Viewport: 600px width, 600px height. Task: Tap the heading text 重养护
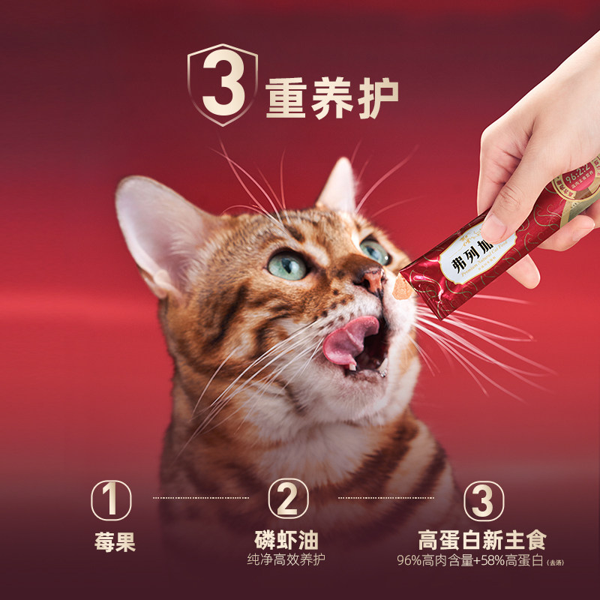(331, 97)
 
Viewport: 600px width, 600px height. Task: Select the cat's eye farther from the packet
(289, 265)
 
